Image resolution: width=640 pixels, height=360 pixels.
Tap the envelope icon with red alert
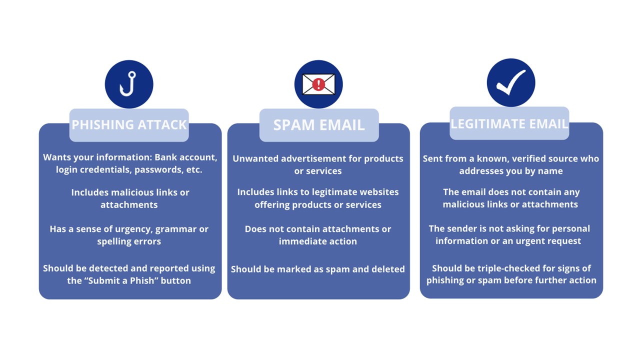[x=318, y=84]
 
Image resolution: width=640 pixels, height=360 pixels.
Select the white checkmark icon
[x=511, y=82]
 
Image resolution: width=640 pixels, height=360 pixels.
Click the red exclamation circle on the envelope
[x=318, y=84]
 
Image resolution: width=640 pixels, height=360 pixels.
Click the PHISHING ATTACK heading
[x=129, y=125]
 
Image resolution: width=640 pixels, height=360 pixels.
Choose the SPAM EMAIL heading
[x=319, y=125]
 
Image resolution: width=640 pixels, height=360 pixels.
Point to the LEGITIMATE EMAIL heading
[x=509, y=123]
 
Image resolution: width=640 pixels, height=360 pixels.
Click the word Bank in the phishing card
[x=165, y=157]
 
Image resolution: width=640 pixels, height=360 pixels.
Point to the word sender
[x=462, y=228]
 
